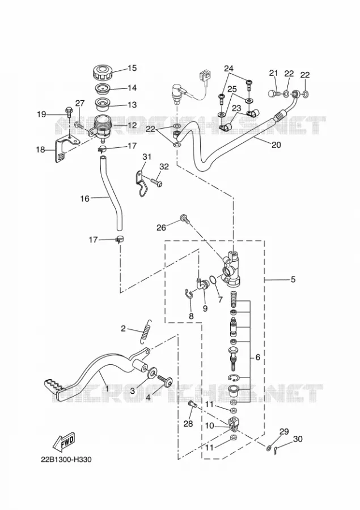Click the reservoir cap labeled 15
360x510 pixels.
point(101,72)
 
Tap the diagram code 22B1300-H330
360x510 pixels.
point(66,460)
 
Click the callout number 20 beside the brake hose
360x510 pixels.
point(276,144)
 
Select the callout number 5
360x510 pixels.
point(293,279)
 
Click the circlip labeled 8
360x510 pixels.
point(188,293)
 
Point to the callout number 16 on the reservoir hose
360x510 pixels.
point(84,198)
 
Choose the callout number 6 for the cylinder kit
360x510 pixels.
point(258,357)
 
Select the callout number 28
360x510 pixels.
point(188,423)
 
